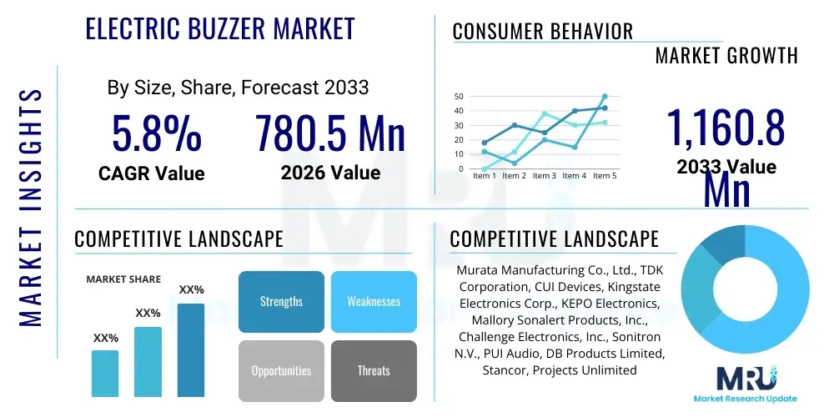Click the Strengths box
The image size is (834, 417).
(x=281, y=301)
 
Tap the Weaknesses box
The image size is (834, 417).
(x=374, y=301)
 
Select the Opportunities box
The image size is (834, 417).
(x=281, y=370)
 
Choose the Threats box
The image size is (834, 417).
(x=374, y=370)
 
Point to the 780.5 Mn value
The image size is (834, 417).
(x=330, y=133)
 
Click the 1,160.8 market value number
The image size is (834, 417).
(x=725, y=128)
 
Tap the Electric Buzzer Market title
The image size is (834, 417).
(x=221, y=28)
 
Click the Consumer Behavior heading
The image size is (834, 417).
(x=543, y=32)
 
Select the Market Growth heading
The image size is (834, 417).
(x=726, y=56)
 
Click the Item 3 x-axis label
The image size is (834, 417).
(x=545, y=176)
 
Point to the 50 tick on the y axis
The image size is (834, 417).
(x=460, y=97)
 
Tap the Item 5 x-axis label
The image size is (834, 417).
(x=605, y=176)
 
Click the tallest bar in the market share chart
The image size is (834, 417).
(x=191, y=349)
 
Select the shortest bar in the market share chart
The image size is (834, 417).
(x=105, y=373)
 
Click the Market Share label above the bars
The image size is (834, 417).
(x=123, y=279)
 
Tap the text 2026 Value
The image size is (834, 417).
(x=330, y=173)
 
